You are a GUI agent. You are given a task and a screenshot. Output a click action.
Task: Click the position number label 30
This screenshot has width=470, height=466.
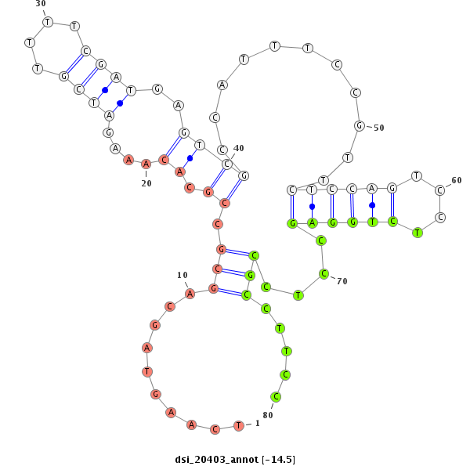(x=41, y=4)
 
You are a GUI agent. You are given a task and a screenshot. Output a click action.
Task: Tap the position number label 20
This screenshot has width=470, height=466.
(x=146, y=183)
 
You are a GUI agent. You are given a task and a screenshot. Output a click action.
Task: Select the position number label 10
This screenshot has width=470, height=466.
(x=183, y=275)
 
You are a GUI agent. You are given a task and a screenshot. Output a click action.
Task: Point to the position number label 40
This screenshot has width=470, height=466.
(x=239, y=148)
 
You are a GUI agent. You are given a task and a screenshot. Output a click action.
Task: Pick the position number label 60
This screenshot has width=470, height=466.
(x=457, y=180)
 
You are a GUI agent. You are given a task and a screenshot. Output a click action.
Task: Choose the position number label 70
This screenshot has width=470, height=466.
(x=342, y=280)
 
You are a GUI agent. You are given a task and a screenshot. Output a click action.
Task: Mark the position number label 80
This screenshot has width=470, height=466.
(x=268, y=415)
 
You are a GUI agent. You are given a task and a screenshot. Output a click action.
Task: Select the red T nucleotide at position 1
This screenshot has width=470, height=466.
(x=237, y=425)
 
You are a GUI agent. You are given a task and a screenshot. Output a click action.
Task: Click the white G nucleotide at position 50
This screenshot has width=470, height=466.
(x=360, y=125)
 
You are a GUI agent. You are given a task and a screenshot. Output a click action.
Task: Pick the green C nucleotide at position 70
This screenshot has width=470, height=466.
(x=323, y=274)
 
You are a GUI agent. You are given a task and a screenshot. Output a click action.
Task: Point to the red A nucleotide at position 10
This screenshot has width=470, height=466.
(x=190, y=293)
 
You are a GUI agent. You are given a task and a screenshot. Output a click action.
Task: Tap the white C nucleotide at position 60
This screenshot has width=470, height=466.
(x=440, y=190)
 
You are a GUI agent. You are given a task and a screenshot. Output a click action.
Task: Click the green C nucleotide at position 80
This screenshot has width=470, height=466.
(x=276, y=396)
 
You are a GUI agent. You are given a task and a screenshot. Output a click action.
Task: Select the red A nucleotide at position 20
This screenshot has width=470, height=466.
(x=146, y=164)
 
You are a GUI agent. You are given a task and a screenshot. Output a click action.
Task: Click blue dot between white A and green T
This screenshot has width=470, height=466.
(x=372, y=205)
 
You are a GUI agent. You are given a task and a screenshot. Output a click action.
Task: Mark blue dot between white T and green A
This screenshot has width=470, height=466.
(x=312, y=206)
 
